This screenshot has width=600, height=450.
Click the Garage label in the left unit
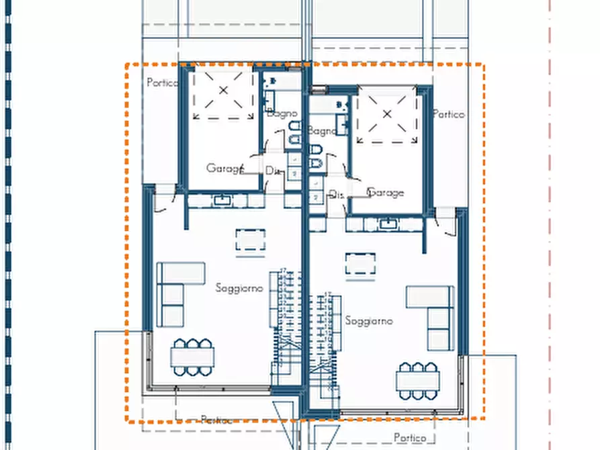[224, 168]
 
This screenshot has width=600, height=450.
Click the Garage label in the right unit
[386, 193]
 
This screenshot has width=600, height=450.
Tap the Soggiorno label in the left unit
[240, 287]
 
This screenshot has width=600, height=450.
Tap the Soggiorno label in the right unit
[370, 320]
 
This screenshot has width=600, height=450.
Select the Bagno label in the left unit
[282, 114]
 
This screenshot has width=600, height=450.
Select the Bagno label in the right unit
[323, 131]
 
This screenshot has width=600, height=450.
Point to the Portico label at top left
[162, 83]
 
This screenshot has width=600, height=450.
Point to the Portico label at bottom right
[410, 437]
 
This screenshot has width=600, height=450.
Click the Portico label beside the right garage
[449, 114]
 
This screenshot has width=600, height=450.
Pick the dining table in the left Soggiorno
[192, 357]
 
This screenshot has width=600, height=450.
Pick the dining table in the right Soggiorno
[417, 381]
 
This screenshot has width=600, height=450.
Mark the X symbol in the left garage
[224, 90]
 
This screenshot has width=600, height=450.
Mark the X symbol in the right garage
[387, 114]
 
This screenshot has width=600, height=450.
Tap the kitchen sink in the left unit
[221, 200]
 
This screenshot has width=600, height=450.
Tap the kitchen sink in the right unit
[387, 224]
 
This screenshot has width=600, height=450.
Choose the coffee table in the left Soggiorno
[251, 240]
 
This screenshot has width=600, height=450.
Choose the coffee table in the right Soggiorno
[360, 264]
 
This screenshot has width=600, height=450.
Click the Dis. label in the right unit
[337, 194]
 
